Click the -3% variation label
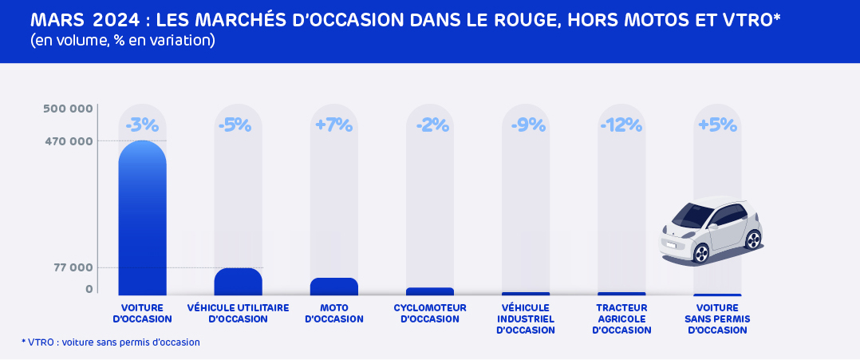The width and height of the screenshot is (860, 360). pyautogui.click(x=143, y=125)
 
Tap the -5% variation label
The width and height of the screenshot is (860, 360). pyautogui.click(x=235, y=125)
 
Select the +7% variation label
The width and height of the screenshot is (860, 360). pyautogui.click(x=334, y=125)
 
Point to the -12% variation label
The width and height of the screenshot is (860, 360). pyautogui.click(x=621, y=125)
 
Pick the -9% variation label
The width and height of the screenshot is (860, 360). pyautogui.click(x=526, y=125)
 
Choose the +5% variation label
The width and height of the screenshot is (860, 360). pyautogui.click(x=717, y=125)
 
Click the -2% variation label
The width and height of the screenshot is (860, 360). pyautogui.click(x=430, y=125)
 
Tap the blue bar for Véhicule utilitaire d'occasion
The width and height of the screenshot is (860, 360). pyautogui.click(x=238, y=282)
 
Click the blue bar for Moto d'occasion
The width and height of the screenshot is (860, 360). pyautogui.click(x=334, y=287)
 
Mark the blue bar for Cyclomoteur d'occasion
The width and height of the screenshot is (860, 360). pyautogui.click(x=430, y=291)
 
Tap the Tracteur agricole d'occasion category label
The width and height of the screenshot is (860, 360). pyautogui.click(x=621, y=318)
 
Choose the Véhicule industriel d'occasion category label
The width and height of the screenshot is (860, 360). pyautogui.click(x=526, y=318)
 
